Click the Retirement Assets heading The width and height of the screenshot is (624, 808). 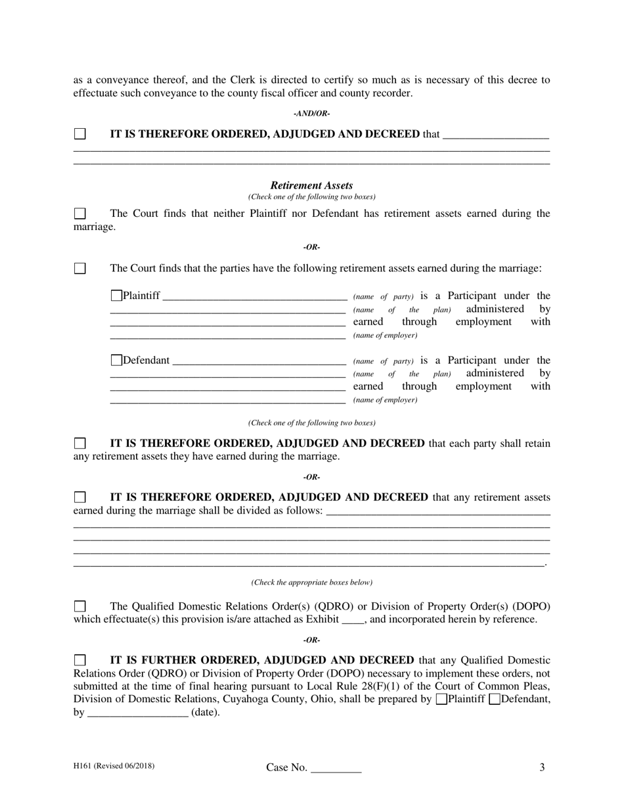(x=311, y=185)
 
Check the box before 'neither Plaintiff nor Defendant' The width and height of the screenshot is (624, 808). (x=79, y=213)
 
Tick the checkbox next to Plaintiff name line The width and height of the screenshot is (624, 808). (x=116, y=296)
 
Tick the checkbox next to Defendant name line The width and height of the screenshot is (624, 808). (x=116, y=360)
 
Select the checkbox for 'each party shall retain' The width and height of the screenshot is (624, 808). (x=79, y=443)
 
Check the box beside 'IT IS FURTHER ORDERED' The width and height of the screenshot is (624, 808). (x=79, y=660)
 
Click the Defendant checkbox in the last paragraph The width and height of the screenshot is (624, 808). (x=495, y=699)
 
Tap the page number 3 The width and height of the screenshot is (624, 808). (x=542, y=767)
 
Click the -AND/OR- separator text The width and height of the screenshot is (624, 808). (x=311, y=114)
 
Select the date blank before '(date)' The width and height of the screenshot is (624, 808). (x=137, y=713)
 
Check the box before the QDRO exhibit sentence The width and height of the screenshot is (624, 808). (x=79, y=606)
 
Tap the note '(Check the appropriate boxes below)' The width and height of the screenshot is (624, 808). (x=311, y=583)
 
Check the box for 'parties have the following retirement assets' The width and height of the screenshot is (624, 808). (x=79, y=268)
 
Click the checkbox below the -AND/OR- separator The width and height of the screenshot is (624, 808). (x=79, y=134)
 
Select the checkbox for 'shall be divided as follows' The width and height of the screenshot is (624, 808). (x=79, y=497)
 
